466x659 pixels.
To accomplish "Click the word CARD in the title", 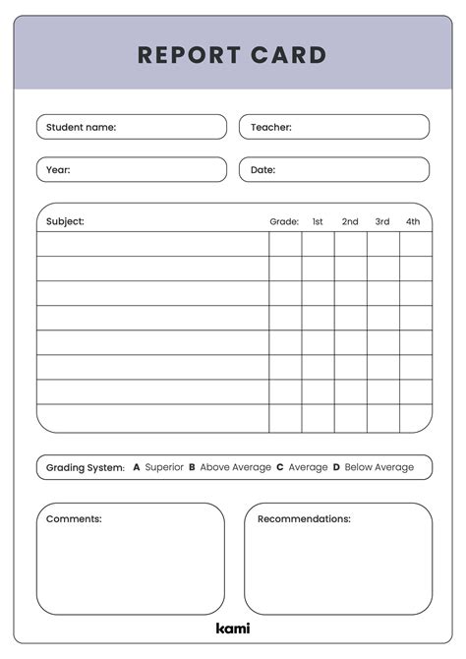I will click(284, 55).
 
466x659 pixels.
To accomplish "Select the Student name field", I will click(132, 127).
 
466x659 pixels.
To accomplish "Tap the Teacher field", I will click(334, 127).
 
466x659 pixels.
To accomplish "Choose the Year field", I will click(132, 170).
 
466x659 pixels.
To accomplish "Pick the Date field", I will click(334, 170).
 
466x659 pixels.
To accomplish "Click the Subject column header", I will click(65, 221).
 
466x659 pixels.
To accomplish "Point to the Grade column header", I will click(284, 222).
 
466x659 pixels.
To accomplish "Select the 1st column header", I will click(318, 222).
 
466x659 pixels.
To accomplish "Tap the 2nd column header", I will click(350, 222).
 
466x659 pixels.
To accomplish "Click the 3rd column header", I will click(382, 222).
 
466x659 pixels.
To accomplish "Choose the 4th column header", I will click(414, 222).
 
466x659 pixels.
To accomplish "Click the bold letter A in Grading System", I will click(137, 467).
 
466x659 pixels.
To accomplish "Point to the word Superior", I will click(164, 467).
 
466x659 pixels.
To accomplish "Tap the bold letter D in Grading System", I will click(336, 467).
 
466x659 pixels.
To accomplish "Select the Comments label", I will click(74, 518).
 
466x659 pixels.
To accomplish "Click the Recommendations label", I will click(304, 518).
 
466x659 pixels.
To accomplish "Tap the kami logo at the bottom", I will click(233, 628).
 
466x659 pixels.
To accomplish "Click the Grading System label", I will click(86, 467).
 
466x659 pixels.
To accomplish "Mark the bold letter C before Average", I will click(280, 467).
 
